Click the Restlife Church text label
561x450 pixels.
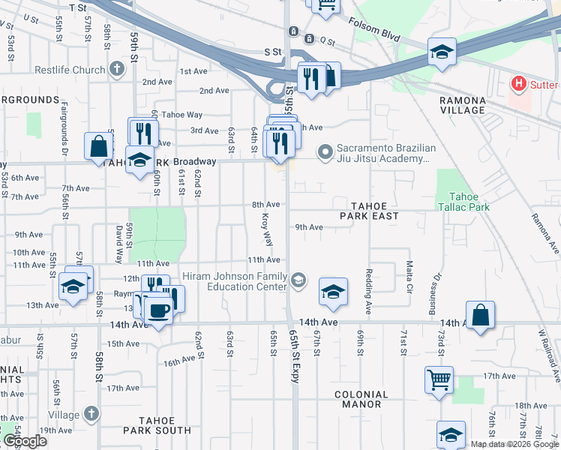tap(70, 70)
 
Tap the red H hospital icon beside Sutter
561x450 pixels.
tap(517, 83)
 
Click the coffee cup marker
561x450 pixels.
tap(157, 310)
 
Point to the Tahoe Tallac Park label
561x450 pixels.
tap(463, 201)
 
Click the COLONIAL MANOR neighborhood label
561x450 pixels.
tap(361, 400)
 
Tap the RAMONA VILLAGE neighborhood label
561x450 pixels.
tap(463, 105)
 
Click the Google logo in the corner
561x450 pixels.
tap(24, 441)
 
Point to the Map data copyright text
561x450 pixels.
tap(514, 444)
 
